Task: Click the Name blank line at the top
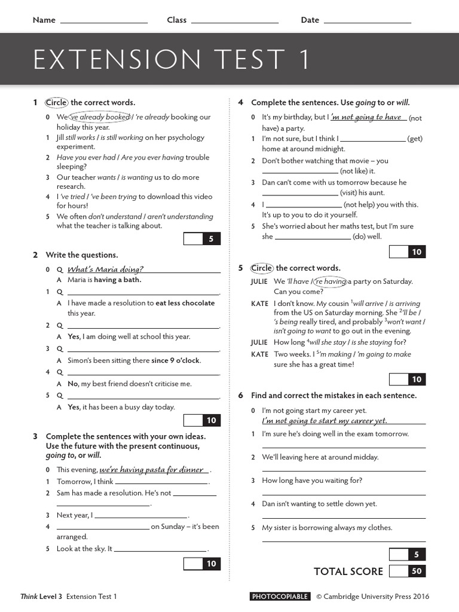click(104, 22)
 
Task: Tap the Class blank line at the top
click(234, 22)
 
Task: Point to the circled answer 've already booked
click(100, 117)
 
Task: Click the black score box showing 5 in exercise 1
click(211, 239)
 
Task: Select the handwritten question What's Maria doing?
click(105, 269)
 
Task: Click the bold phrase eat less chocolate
click(185, 303)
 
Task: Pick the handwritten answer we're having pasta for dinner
click(151, 470)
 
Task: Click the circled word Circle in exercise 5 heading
click(261, 268)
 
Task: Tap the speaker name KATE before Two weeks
click(259, 354)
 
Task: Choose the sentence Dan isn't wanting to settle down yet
click(320, 504)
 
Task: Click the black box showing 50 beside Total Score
click(417, 571)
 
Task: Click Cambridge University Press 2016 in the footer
click(372, 596)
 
